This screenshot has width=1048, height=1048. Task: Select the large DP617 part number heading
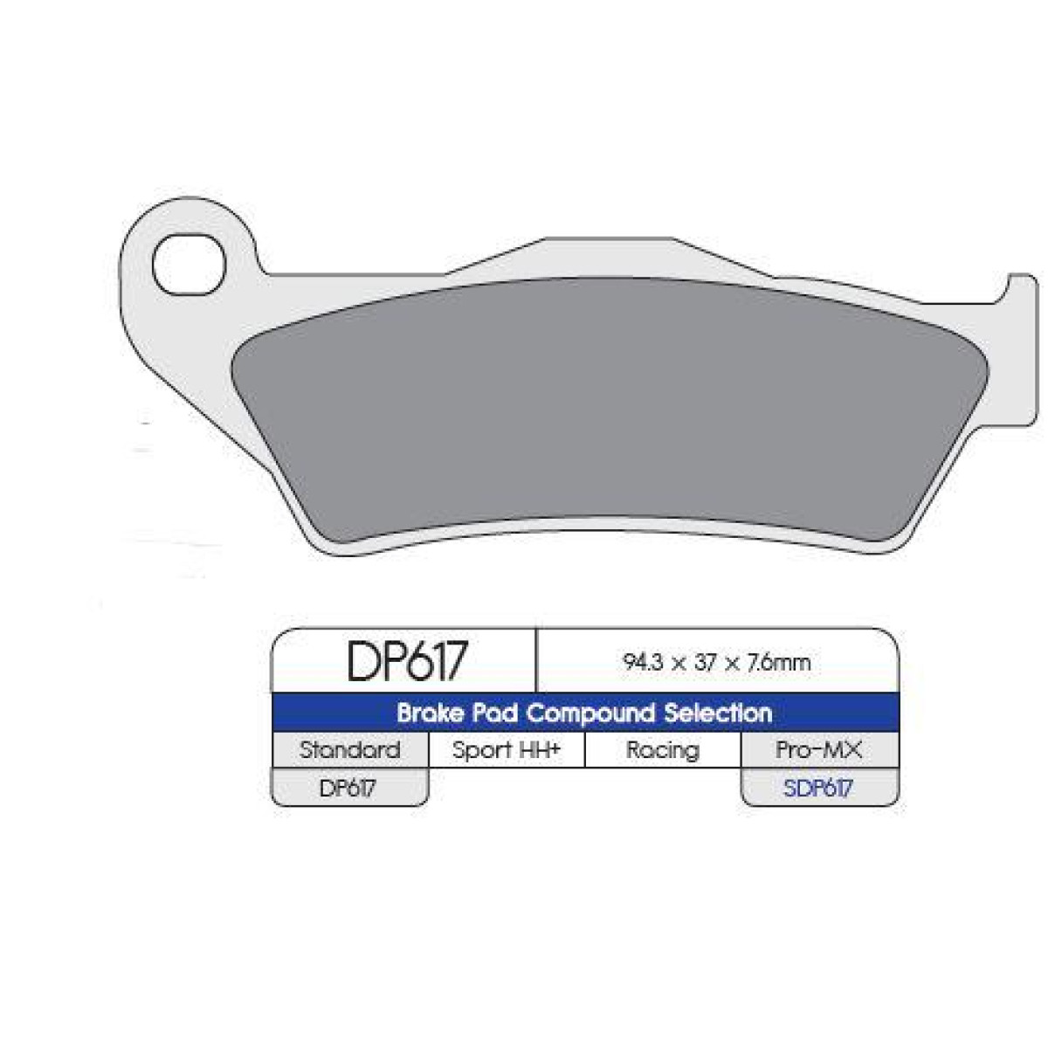(408, 661)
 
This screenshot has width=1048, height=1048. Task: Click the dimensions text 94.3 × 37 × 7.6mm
(717, 662)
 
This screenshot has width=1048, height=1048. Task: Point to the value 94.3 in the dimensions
(642, 662)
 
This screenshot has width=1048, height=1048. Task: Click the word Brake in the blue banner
(429, 713)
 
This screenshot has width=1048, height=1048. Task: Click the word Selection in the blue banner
(718, 713)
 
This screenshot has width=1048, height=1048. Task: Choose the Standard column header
(350, 750)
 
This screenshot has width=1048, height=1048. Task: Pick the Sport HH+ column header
(507, 750)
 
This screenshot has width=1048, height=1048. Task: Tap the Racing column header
(663, 750)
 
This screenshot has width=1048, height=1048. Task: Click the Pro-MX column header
(818, 750)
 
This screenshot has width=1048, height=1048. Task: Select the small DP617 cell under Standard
(348, 788)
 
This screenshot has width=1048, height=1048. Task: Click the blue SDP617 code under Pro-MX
(818, 788)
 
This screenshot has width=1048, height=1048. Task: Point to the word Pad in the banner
(493, 713)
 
